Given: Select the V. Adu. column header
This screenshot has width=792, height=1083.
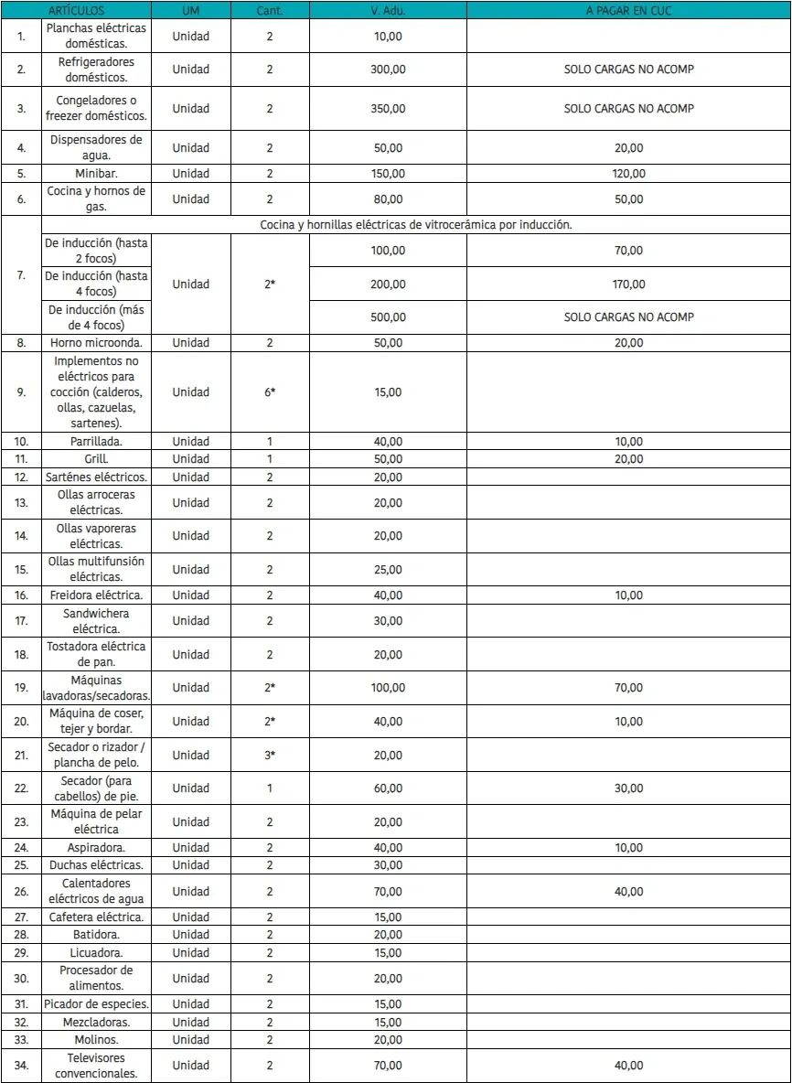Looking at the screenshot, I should point(388,10).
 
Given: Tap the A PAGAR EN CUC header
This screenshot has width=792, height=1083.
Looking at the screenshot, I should point(628,10).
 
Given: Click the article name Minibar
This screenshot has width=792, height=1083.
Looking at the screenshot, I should point(96,173).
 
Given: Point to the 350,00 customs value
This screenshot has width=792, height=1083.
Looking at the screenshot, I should point(388,108).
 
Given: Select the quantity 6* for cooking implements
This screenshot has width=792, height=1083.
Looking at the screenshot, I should point(269,392).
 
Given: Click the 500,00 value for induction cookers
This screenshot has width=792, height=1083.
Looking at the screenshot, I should point(388,316).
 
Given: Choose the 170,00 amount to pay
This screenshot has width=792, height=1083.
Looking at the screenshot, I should point(628,284).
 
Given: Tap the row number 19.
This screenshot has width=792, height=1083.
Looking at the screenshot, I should point(21,688).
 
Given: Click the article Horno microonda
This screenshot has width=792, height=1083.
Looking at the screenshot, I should point(96,343).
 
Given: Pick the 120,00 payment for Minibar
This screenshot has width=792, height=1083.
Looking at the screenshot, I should point(628,173).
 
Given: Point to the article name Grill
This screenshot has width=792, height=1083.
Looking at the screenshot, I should point(96,459).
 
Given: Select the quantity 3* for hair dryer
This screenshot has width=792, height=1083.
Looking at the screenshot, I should point(269,755).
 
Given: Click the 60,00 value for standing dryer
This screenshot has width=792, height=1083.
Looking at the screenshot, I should point(388,788).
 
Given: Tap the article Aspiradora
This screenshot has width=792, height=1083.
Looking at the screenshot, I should point(96,847).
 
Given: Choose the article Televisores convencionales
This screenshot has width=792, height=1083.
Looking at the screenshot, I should point(96,1066).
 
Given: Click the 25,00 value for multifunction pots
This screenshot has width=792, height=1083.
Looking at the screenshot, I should point(388,569).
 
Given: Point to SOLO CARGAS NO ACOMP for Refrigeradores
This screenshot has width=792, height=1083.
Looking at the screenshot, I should point(628,70).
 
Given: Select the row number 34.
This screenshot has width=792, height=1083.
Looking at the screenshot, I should point(21,1066).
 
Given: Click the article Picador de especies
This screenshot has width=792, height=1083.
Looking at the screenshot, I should point(96,1004).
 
